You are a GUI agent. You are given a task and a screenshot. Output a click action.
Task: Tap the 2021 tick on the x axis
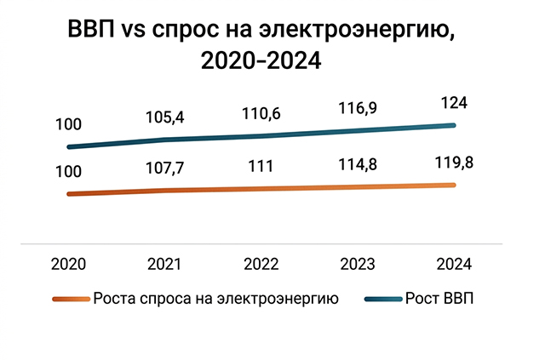(164, 265)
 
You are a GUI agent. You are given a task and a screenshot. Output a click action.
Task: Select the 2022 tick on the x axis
(261, 265)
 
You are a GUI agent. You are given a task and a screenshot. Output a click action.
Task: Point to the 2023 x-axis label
(358, 265)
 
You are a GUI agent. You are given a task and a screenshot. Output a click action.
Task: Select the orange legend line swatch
(71, 299)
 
